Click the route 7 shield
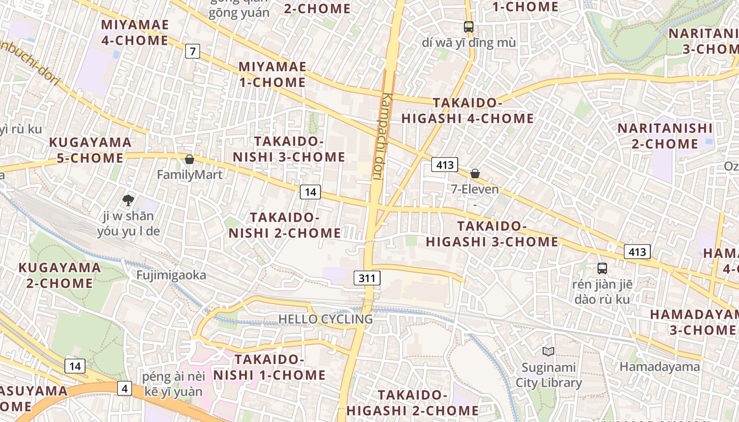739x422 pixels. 193,51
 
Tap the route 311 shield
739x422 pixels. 367,278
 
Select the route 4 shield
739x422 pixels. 125,388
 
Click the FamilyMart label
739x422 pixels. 190,174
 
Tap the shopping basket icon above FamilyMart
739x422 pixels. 190,159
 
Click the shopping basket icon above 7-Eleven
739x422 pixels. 475,173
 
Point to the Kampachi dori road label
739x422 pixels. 384,137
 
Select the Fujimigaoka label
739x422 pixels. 171,275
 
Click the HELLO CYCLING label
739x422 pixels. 326,319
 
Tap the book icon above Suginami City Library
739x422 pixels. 548,351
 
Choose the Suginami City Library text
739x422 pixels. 548,375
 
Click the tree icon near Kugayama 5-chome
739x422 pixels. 128,200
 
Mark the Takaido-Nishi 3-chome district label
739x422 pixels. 289,149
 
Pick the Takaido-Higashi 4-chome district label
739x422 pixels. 468,111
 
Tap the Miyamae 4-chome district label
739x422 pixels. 135,32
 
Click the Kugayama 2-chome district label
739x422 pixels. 60,275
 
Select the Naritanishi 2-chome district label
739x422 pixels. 665,136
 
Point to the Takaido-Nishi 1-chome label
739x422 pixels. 270,367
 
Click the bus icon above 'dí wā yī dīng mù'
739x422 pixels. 468,26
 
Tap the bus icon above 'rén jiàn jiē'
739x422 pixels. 602,268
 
